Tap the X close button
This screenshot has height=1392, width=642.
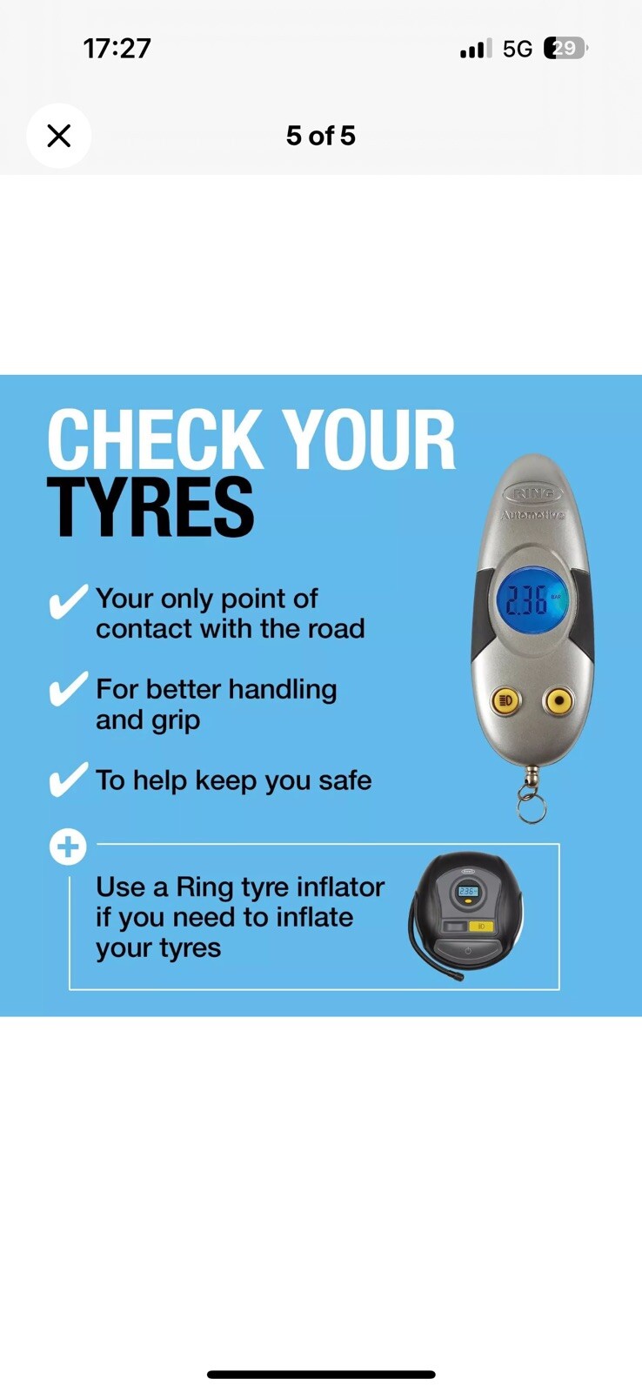pyautogui.click(x=59, y=136)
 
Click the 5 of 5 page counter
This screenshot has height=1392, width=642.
pyautogui.click(x=321, y=136)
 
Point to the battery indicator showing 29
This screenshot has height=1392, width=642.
pyautogui.click(x=565, y=48)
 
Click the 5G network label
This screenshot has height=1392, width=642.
pyautogui.click(x=517, y=49)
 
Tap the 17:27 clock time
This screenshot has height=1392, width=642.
pyautogui.click(x=117, y=49)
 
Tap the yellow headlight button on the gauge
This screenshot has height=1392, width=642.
pyautogui.click(x=506, y=701)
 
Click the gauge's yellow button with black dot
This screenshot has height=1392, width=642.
pyautogui.click(x=558, y=701)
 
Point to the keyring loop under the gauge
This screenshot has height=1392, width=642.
pyautogui.click(x=532, y=808)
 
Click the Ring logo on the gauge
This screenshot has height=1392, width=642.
pyautogui.click(x=533, y=495)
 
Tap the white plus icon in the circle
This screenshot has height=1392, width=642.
pyautogui.click(x=68, y=847)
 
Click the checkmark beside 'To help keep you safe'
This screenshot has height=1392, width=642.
pyautogui.click(x=67, y=780)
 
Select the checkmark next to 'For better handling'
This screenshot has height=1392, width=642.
pyautogui.click(x=67, y=688)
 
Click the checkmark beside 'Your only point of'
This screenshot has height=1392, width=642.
pyautogui.click(x=67, y=601)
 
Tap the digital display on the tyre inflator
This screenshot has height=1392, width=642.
pyautogui.click(x=467, y=891)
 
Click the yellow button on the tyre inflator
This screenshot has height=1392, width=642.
pyautogui.click(x=480, y=927)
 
